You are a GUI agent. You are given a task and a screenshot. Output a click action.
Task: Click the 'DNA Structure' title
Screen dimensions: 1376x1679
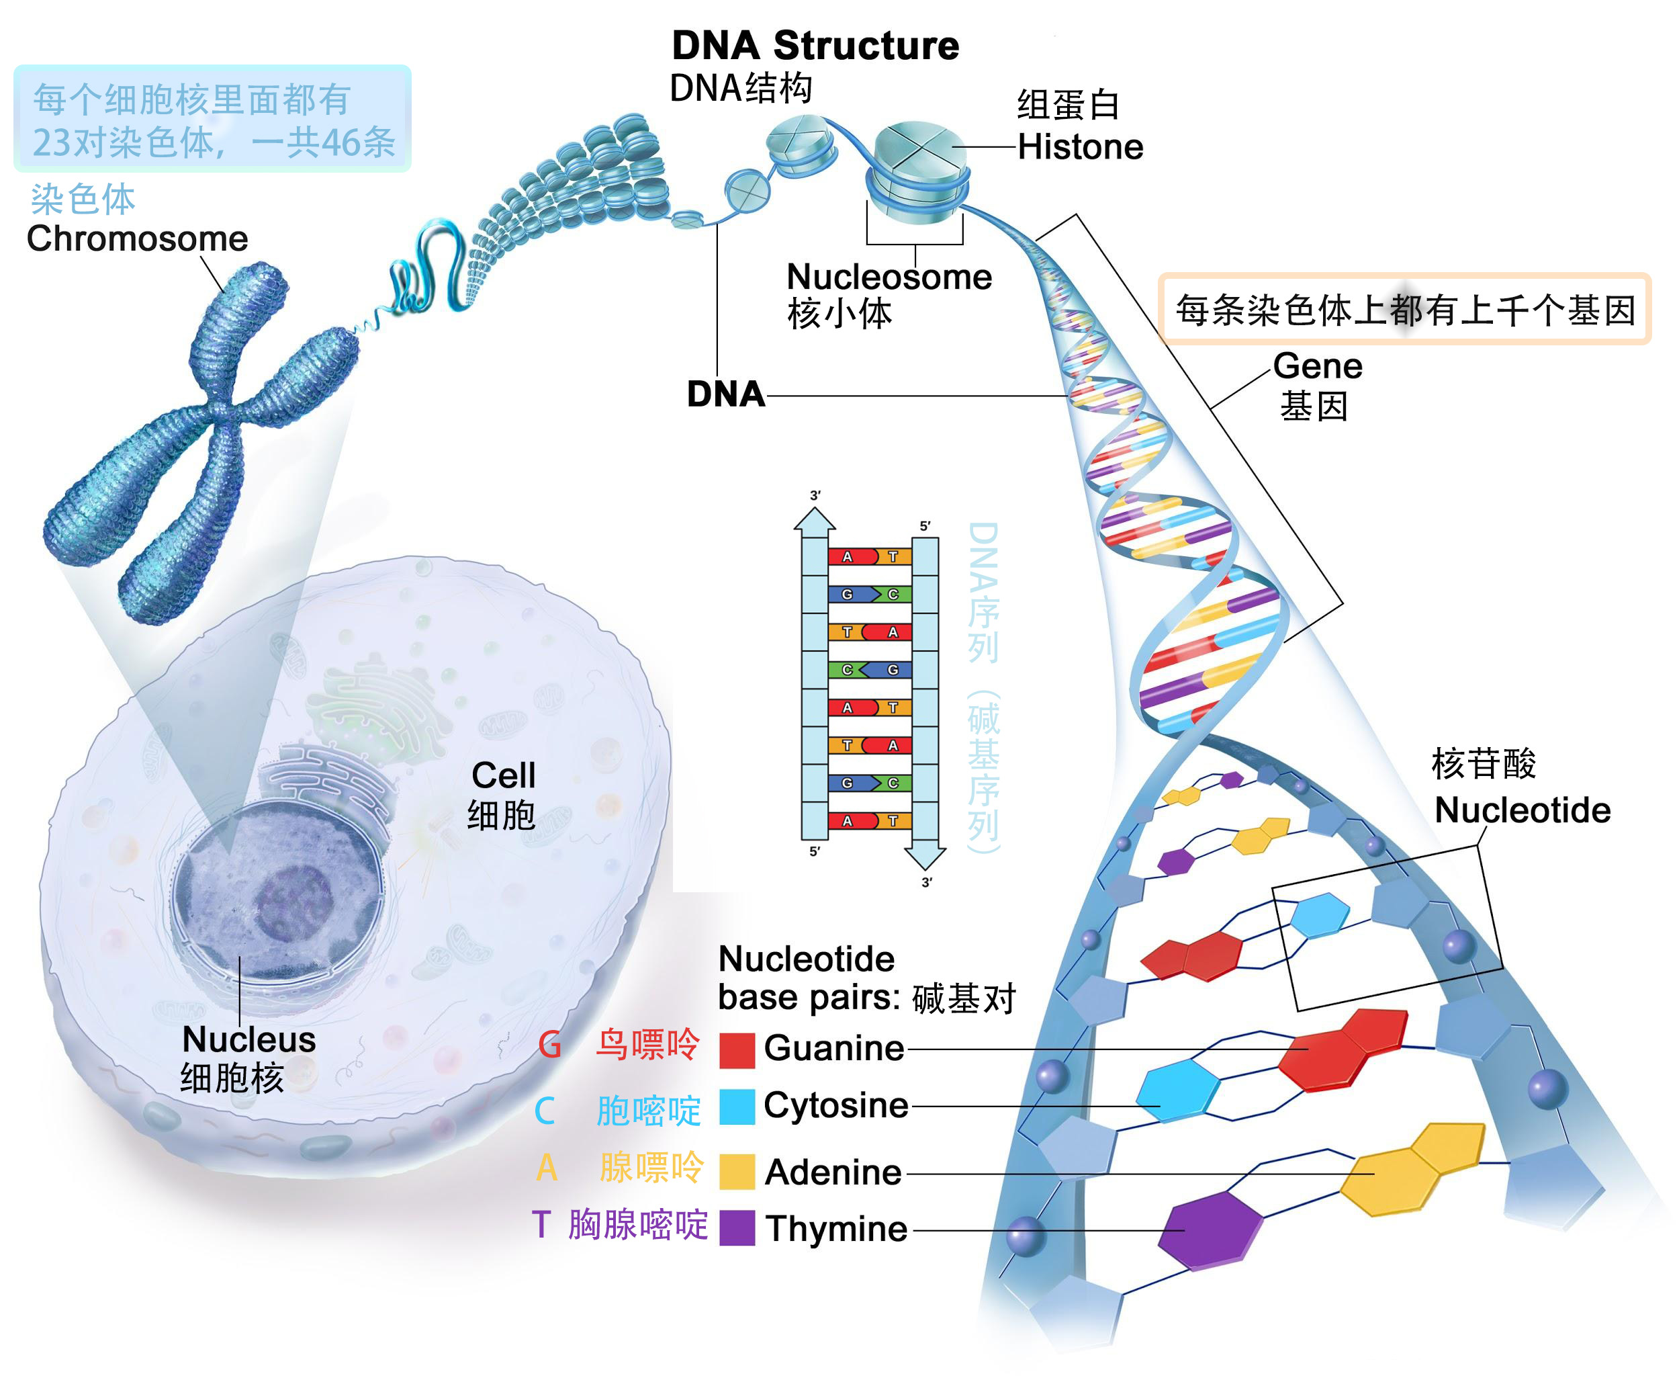pyautogui.click(x=815, y=45)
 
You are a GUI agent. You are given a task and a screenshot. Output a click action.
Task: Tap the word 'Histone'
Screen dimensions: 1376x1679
pyautogui.click(x=1079, y=147)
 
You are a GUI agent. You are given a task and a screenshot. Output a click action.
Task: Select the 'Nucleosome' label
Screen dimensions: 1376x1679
pyautogui.click(x=889, y=277)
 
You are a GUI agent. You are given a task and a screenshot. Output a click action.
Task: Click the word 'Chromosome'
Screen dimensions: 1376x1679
pyautogui.click(x=137, y=239)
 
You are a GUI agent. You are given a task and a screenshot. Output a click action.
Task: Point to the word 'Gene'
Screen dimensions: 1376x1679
pyautogui.click(x=1317, y=366)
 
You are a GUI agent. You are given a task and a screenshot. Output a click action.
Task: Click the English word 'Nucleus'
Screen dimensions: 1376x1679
pyautogui.click(x=248, y=1039)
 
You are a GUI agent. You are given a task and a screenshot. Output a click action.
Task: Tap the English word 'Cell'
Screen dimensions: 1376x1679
pyautogui.click(x=503, y=775)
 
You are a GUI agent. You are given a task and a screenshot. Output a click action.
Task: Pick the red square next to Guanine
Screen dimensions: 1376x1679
pyautogui.click(x=736, y=1050)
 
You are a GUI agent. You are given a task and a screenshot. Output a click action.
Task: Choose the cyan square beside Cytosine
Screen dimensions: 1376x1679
pyautogui.click(x=736, y=1107)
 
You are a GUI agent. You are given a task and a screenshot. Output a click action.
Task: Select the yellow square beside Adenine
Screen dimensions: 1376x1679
pyautogui.click(x=736, y=1172)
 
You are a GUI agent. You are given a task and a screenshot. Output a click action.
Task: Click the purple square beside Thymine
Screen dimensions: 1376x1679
pyautogui.click(x=736, y=1228)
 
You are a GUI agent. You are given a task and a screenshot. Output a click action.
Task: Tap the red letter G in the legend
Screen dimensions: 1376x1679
pyautogui.click(x=549, y=1045)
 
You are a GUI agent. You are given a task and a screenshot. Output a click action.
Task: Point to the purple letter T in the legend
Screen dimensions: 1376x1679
pyautogui.click(x=541, y=1225)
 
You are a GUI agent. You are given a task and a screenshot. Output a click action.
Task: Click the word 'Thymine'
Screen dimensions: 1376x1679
pyautogui.click(x=835, y=1229)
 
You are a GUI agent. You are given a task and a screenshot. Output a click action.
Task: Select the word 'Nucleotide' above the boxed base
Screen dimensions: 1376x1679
pyautogui.click(x=1522, y=810)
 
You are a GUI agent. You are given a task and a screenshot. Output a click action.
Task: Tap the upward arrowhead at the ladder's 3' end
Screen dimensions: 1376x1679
pyautogui.click(x=815, y=520)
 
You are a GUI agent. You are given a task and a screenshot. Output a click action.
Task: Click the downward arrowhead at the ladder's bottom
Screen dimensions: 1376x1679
pyautogui.click(x=925, y=857)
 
